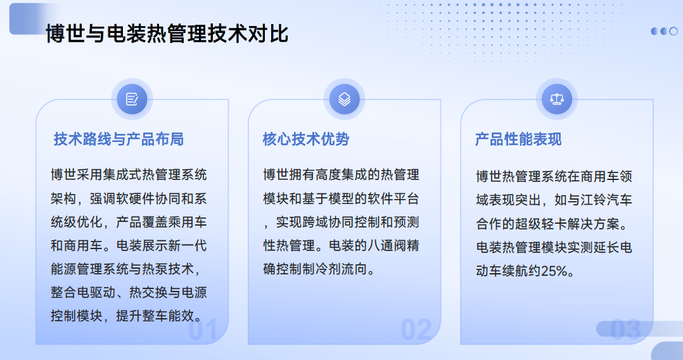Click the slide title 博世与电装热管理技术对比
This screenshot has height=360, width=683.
point(167,34)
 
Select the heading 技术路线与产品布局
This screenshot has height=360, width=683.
point(118,139)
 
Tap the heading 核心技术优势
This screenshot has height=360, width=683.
point(306,139)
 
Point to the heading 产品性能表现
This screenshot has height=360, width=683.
point(518,139)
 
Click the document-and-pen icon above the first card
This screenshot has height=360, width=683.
point(132,99)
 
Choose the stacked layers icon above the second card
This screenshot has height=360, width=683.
point(344,99)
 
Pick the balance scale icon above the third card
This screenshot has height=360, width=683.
point(557,99)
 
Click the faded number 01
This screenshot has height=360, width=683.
point(203,330)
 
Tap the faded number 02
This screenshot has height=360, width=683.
point(416,330)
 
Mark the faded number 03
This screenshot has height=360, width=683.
point(625,330)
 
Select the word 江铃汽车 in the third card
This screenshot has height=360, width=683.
point(606,200)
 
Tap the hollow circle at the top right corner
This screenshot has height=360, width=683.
point(673,32)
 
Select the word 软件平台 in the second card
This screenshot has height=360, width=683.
point(393,198)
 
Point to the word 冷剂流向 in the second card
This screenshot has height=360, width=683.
point(341,269)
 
